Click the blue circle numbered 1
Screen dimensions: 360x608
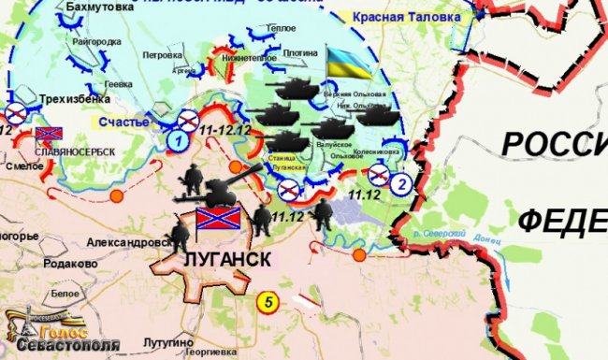click(176, 141)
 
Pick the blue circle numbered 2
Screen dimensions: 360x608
click(400, 183)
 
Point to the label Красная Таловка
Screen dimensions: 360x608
click(408, 18)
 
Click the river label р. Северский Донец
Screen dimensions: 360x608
click(446, 232)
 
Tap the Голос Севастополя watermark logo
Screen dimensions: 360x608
click(61, 333)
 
